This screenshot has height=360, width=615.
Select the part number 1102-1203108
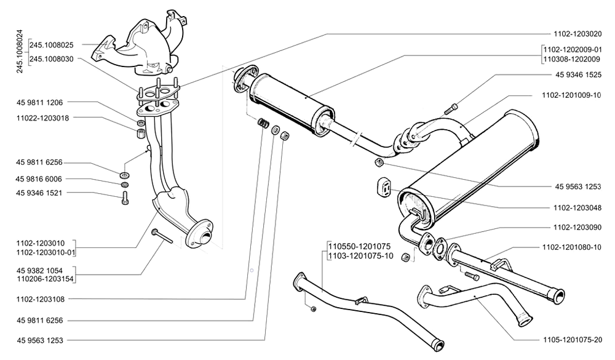(44, 299)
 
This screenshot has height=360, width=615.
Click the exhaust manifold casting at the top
(141, 43)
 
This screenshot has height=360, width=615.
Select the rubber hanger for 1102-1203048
(383, 188)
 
